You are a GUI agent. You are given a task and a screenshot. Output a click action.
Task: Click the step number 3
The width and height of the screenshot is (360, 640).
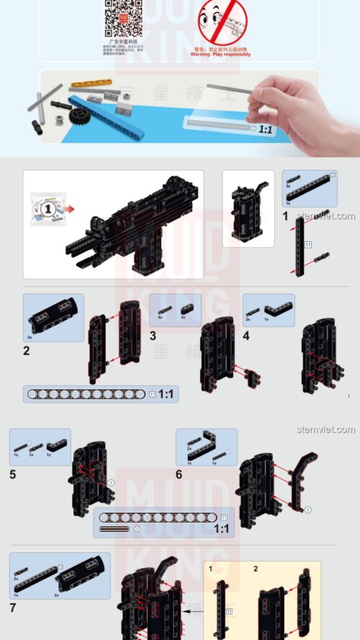click(153, 335)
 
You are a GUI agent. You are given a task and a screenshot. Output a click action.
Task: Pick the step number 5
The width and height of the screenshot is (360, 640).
click(12, 475)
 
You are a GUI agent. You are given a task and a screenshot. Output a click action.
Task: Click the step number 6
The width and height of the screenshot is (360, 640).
click(179, 475)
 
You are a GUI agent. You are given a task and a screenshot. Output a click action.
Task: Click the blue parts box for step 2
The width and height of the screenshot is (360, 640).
click(53, 317)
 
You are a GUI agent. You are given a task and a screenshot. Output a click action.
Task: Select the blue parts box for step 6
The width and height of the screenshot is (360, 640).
click(207, 447)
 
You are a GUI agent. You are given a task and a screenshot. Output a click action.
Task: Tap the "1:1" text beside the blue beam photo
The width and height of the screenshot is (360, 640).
click(266, 130)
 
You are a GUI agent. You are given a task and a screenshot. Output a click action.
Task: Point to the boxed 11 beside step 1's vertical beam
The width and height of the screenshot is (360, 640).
click(307, 245)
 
